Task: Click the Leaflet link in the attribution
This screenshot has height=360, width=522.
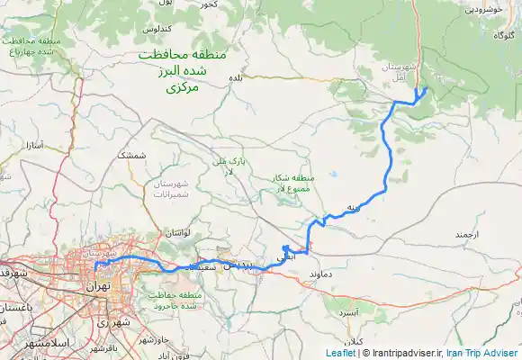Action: pyautogui.click(x=340, y=353)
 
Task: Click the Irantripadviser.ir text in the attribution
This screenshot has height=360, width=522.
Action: pyautogui.click(x=404, y=353)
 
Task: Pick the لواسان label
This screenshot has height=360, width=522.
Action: pyautogui.click(x=175, y=232)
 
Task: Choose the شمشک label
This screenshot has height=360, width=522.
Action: pyautogui.click(x=131, y=155)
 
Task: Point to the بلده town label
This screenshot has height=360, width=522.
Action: pyautogui.click(x=237, y=79)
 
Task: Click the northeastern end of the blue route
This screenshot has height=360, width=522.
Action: pyautogui.click(x=425, y=88)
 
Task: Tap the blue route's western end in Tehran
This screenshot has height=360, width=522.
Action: pyautogui.click(x=95, y=268)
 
